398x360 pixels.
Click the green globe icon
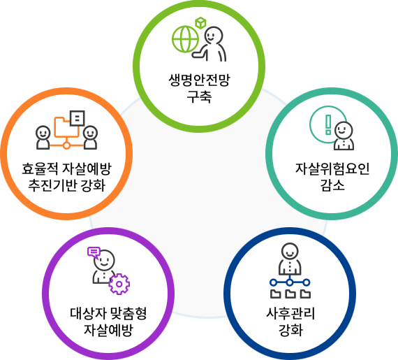point(185,39)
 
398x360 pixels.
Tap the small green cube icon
point(200,23)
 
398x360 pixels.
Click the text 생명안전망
point(199,80)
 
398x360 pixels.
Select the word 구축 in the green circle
point(199,96)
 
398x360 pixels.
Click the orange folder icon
point(66,127)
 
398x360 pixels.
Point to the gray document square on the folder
point(78,118)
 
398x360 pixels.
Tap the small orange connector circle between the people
point(66,145)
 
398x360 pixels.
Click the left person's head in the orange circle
point(43,132)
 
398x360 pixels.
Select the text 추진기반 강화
point(66,185)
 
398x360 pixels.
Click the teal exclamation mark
point(328,124)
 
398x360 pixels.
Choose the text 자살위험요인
point(332,169)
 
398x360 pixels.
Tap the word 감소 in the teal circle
point(332,185)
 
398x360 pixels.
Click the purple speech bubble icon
point(94,252)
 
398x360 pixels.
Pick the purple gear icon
point(119,284)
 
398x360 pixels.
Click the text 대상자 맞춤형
point(108,314)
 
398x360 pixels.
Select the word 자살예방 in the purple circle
point(108,330)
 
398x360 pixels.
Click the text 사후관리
point(290,314)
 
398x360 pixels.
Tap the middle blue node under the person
point(290,282)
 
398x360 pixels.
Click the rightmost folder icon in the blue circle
point(305,293)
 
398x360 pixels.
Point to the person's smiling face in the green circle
point(214,35)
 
